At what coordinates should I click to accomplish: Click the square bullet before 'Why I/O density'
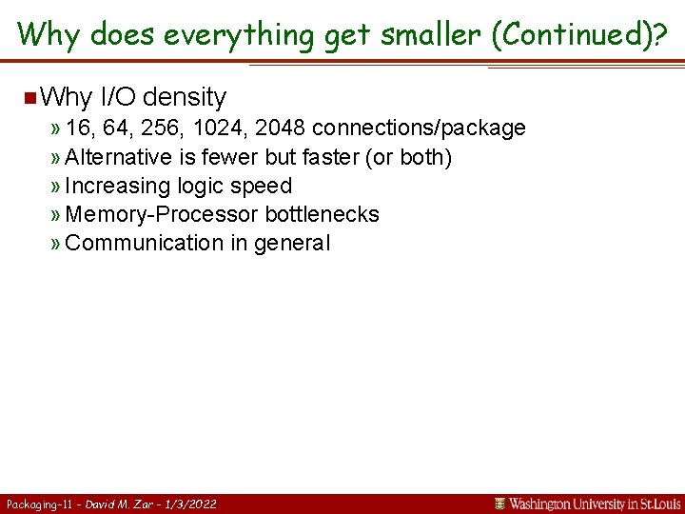pos(30,97)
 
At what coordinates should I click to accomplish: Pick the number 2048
pos(281,128)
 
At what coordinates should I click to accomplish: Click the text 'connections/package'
pos(419,128)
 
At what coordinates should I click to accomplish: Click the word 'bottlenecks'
pos(322,214)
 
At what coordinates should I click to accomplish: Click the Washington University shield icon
pos(499,504)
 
